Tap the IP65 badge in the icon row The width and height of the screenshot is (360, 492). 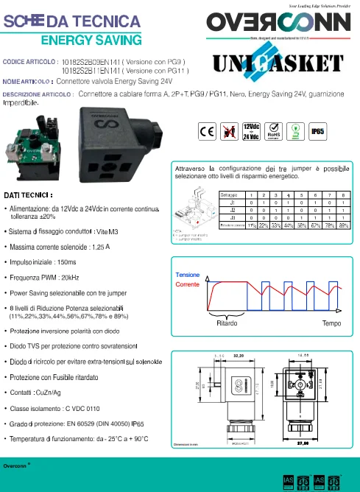[319, 131]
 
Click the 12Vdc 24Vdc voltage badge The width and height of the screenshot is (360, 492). [251, 131]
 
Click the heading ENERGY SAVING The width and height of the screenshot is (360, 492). [91, 39]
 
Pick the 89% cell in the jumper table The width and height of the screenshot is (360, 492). [344, 225]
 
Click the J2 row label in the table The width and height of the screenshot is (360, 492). [232, 209]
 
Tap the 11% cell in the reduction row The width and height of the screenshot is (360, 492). [252, 225]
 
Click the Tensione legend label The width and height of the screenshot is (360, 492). [187, 275]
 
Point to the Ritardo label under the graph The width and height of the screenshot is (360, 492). [227, 323]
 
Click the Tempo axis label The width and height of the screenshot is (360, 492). [331, 323]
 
